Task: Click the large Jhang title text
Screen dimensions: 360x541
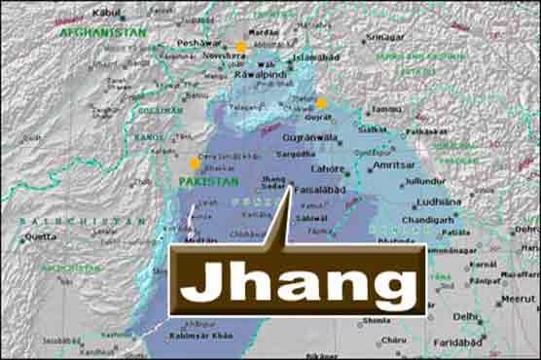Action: tap(299, 282)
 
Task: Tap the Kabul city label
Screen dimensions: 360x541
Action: tap(108, 13)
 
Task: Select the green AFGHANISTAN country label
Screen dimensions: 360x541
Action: tap(103, 32)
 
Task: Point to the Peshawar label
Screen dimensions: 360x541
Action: tap(198, 44)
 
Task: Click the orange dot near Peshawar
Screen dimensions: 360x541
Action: tap(241, 47)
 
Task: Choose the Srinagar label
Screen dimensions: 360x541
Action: tap(385, 37)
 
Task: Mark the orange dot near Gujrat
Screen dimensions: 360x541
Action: tap(321, 102)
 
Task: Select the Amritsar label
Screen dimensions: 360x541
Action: tap(394, 166)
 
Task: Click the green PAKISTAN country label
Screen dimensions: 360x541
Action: tap(208, 181)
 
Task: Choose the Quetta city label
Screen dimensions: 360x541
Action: tap(40, 235)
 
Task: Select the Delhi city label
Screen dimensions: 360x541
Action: tap(465, 316)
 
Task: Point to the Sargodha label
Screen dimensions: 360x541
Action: tap(296, 154)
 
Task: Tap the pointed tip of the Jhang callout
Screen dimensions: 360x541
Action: tap(291, 188)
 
